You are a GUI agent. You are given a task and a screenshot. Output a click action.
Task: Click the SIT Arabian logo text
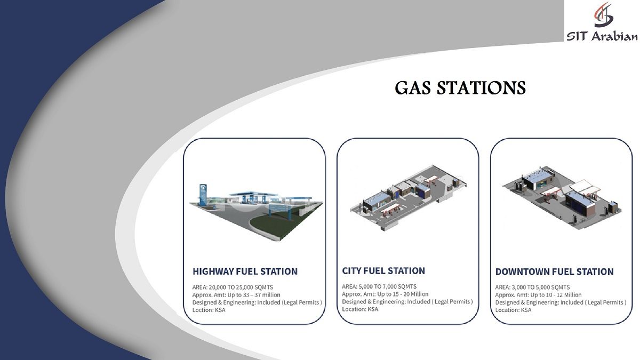pos(602,37)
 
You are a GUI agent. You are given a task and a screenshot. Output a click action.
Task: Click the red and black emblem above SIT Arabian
pos(603,15)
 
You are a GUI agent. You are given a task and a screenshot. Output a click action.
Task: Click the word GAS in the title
pos(413,87)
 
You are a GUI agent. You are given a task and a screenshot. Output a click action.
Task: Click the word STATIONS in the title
pos(481,87)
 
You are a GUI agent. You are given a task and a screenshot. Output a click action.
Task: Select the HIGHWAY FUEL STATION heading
pos(245,271)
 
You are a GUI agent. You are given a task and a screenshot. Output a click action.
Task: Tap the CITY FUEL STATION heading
pos(383,270)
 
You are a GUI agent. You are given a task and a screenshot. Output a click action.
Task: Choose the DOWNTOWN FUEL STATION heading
pos(554,271)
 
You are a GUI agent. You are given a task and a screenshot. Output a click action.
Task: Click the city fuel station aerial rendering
pos(409,198)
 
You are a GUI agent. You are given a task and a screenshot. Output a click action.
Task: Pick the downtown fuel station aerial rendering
pos(562,198)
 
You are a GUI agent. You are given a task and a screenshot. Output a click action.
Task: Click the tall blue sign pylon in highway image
pos(203,195)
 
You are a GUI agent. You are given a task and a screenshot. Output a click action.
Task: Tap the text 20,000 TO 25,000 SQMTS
pos(241,287)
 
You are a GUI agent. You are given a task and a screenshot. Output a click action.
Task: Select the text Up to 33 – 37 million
pos(254,295)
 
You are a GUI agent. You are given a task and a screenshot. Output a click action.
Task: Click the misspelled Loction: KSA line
pos(209,310)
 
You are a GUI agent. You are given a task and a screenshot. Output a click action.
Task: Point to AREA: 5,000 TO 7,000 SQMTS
pos(379,286)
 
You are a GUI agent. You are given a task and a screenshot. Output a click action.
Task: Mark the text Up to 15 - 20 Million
pos(403,294)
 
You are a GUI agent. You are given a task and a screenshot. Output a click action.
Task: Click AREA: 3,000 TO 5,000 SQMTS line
pos(532,287)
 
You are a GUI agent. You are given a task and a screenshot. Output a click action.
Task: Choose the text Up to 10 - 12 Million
pos(556,295)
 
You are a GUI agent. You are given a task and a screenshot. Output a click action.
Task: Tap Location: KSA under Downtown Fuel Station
pos(513,310)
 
